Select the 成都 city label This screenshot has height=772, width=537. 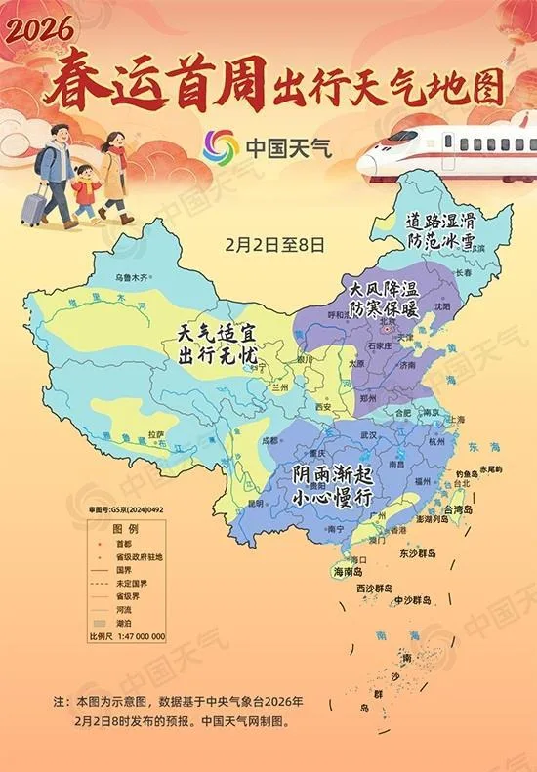(x=270, y=440)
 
